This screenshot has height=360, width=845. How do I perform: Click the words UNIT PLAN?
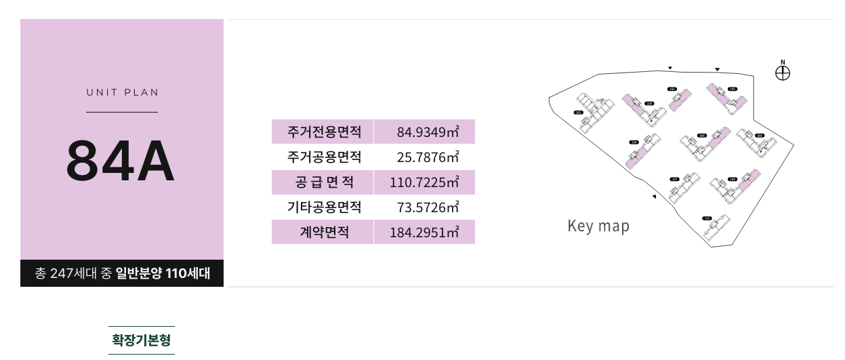coord(122,92)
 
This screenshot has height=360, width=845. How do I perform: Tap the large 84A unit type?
coord(121,161)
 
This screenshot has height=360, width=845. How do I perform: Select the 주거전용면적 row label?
coord(321,132)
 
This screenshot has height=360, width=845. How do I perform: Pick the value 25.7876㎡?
coord(428,157)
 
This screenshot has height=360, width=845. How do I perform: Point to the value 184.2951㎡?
coord(424,233)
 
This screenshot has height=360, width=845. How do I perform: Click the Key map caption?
coord(598,226)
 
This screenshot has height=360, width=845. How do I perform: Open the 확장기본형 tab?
coord(142,340)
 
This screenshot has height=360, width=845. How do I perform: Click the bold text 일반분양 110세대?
coord(163,274)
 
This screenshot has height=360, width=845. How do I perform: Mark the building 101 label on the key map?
coord(578,112)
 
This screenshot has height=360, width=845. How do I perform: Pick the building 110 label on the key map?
coord(707,218)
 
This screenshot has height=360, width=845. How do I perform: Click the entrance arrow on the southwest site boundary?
coord(654,197)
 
